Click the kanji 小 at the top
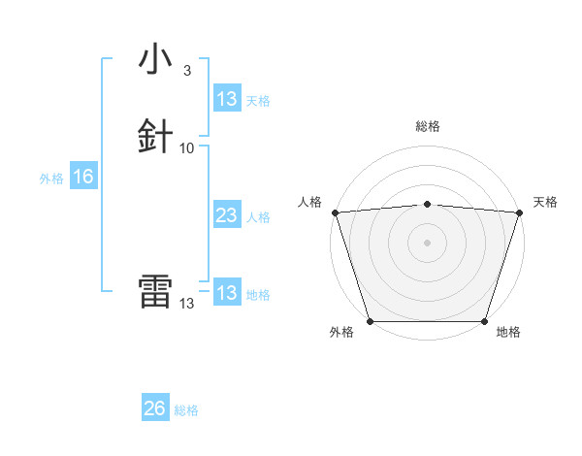[155, 59]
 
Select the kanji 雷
[155, 292]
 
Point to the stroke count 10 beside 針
[187, 147]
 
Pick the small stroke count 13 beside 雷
[187, 303]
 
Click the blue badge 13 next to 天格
[226, 99]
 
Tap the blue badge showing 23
[226, 215]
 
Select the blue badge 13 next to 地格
[226, 293]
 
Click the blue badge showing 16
[82, 177]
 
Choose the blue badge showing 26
[154, 408]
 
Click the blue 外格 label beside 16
[51, 178]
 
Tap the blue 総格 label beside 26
[186, 410]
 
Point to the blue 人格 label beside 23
[259, 217]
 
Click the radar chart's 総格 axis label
[427, 126]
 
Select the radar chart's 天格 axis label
[546, 202]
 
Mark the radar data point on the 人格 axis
[335, 212]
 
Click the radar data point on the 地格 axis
[484, 321]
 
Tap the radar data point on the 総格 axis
[427, 204]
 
